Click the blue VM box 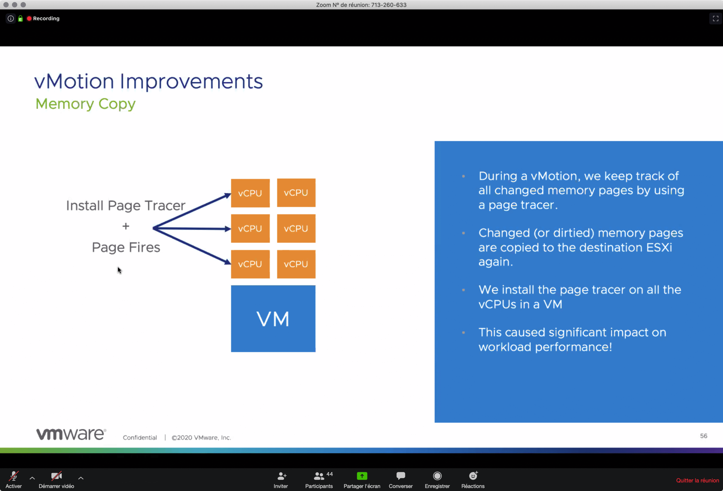point(273,319)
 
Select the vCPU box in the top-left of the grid point(250,193)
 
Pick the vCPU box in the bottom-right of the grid point(296,264)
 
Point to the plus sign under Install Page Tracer point(126,226)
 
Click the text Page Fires point(126,247)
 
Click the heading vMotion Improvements point(148,82)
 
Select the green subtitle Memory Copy point(86,104)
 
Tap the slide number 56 point(704,436)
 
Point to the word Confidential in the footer point(140,438)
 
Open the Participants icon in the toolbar point(319,476)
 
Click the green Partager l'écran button point(362,476)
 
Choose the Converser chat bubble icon point(401,476)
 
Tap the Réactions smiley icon point(473,476)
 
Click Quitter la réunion point(698,481)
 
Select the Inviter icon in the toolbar point(281,476)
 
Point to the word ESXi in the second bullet point(659,248)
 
